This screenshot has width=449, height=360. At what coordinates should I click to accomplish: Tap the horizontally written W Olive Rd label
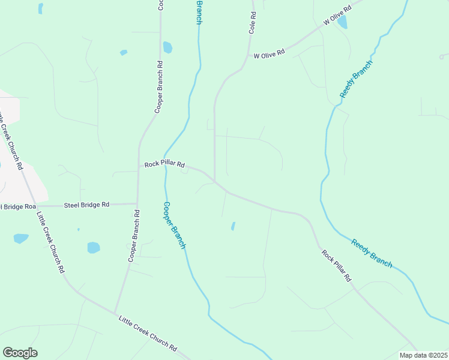click(x=269, y=55)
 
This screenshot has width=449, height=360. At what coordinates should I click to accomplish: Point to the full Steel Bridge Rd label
click(x=86, y=205)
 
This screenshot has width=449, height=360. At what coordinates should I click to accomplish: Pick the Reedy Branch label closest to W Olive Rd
click(x=357, y=79)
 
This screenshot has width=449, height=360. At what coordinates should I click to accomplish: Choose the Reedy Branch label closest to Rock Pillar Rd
click(x=372, y=253)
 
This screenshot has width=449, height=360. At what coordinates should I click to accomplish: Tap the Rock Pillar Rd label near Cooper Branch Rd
click(x=164, y=164)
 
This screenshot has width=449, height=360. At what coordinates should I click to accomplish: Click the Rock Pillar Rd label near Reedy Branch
click(x=336, y=265)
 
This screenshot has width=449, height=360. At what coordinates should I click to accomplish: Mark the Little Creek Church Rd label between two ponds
click(x=50, y=242)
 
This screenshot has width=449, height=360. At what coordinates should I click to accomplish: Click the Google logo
click(x=20, y=353)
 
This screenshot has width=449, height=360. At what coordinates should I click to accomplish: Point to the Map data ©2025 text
click(x=424, y=355)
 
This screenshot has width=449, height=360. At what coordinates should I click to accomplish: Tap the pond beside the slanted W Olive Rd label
click(x=342, y=23)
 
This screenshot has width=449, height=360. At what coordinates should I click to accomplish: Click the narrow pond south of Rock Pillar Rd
click(x=233, y=226)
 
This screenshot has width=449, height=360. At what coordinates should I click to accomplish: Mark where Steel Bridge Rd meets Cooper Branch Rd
click(x=137, y=203)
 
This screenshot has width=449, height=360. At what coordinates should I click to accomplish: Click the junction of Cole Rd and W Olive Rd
click(x=248, y=56)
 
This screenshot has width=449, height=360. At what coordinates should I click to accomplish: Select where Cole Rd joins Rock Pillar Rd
click(x=215, y=181)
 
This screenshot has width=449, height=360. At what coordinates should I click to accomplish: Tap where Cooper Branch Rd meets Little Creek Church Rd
click(x=115, y=313)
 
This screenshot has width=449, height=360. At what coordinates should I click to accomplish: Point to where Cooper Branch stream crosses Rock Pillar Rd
click(x=166, y=166)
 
